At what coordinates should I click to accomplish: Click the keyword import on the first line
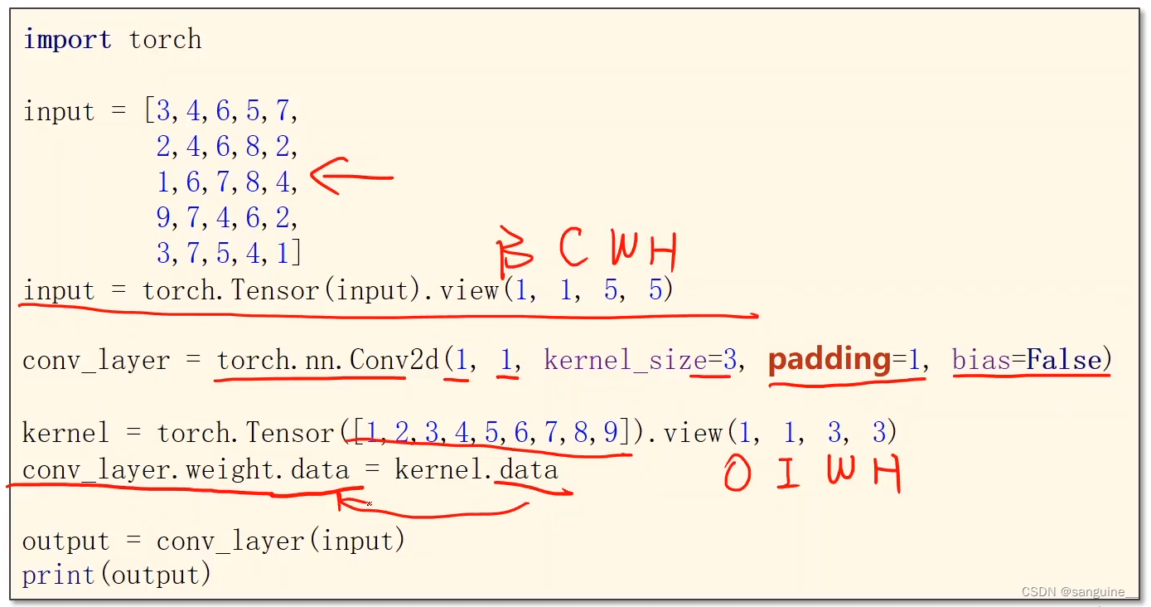(67, 40)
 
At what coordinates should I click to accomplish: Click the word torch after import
(165, 40)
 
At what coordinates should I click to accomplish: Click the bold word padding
(829, 360)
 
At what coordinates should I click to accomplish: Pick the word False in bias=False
(1064, 360)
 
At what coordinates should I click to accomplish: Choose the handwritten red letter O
(738, 475)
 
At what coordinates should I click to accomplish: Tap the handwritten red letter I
(787, 475)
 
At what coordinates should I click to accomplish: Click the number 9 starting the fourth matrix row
(164, 218)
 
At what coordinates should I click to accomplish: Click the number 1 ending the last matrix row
(283, 254)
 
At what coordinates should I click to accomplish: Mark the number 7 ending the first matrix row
(283, 111)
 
